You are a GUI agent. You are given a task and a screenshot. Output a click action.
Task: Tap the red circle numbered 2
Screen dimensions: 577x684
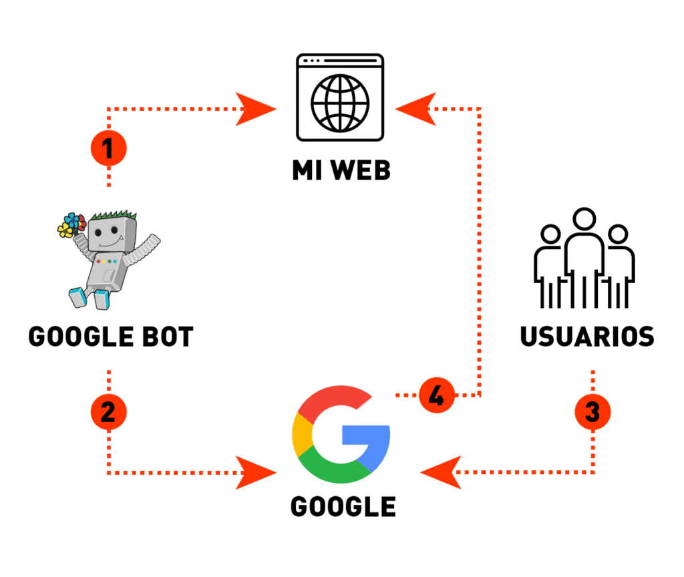click(108, 411)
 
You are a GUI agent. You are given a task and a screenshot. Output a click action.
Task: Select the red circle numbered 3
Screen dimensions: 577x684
click(592, 411)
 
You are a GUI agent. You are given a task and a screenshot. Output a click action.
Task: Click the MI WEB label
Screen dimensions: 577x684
click(341, 170)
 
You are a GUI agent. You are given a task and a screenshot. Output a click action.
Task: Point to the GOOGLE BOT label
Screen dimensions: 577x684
click(111, 336)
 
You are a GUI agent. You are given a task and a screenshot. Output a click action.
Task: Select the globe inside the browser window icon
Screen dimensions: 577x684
click(341, 102)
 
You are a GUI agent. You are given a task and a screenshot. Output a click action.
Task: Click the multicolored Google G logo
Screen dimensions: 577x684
click(341, 434)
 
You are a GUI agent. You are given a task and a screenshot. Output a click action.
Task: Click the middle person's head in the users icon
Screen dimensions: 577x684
click(584, 220)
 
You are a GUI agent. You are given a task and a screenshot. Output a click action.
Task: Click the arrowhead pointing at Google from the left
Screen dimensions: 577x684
click(257, 473)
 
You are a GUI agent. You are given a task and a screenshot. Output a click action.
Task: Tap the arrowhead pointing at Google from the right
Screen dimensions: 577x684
click(441, 473)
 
